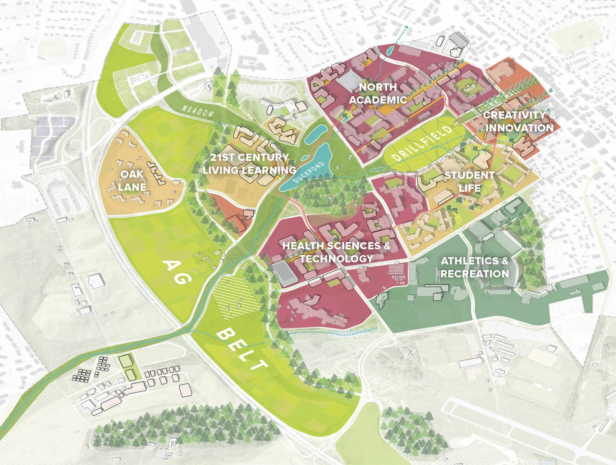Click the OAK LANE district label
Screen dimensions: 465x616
tap(132, 181)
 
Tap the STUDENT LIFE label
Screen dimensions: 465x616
tap(469, 182)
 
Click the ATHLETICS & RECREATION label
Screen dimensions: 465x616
tap(475, 267)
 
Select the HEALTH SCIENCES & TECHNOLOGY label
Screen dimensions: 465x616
tap(336, 252)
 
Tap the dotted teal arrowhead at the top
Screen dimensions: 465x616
tap(406, 27)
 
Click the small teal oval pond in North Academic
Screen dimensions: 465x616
tap(389, 51)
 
